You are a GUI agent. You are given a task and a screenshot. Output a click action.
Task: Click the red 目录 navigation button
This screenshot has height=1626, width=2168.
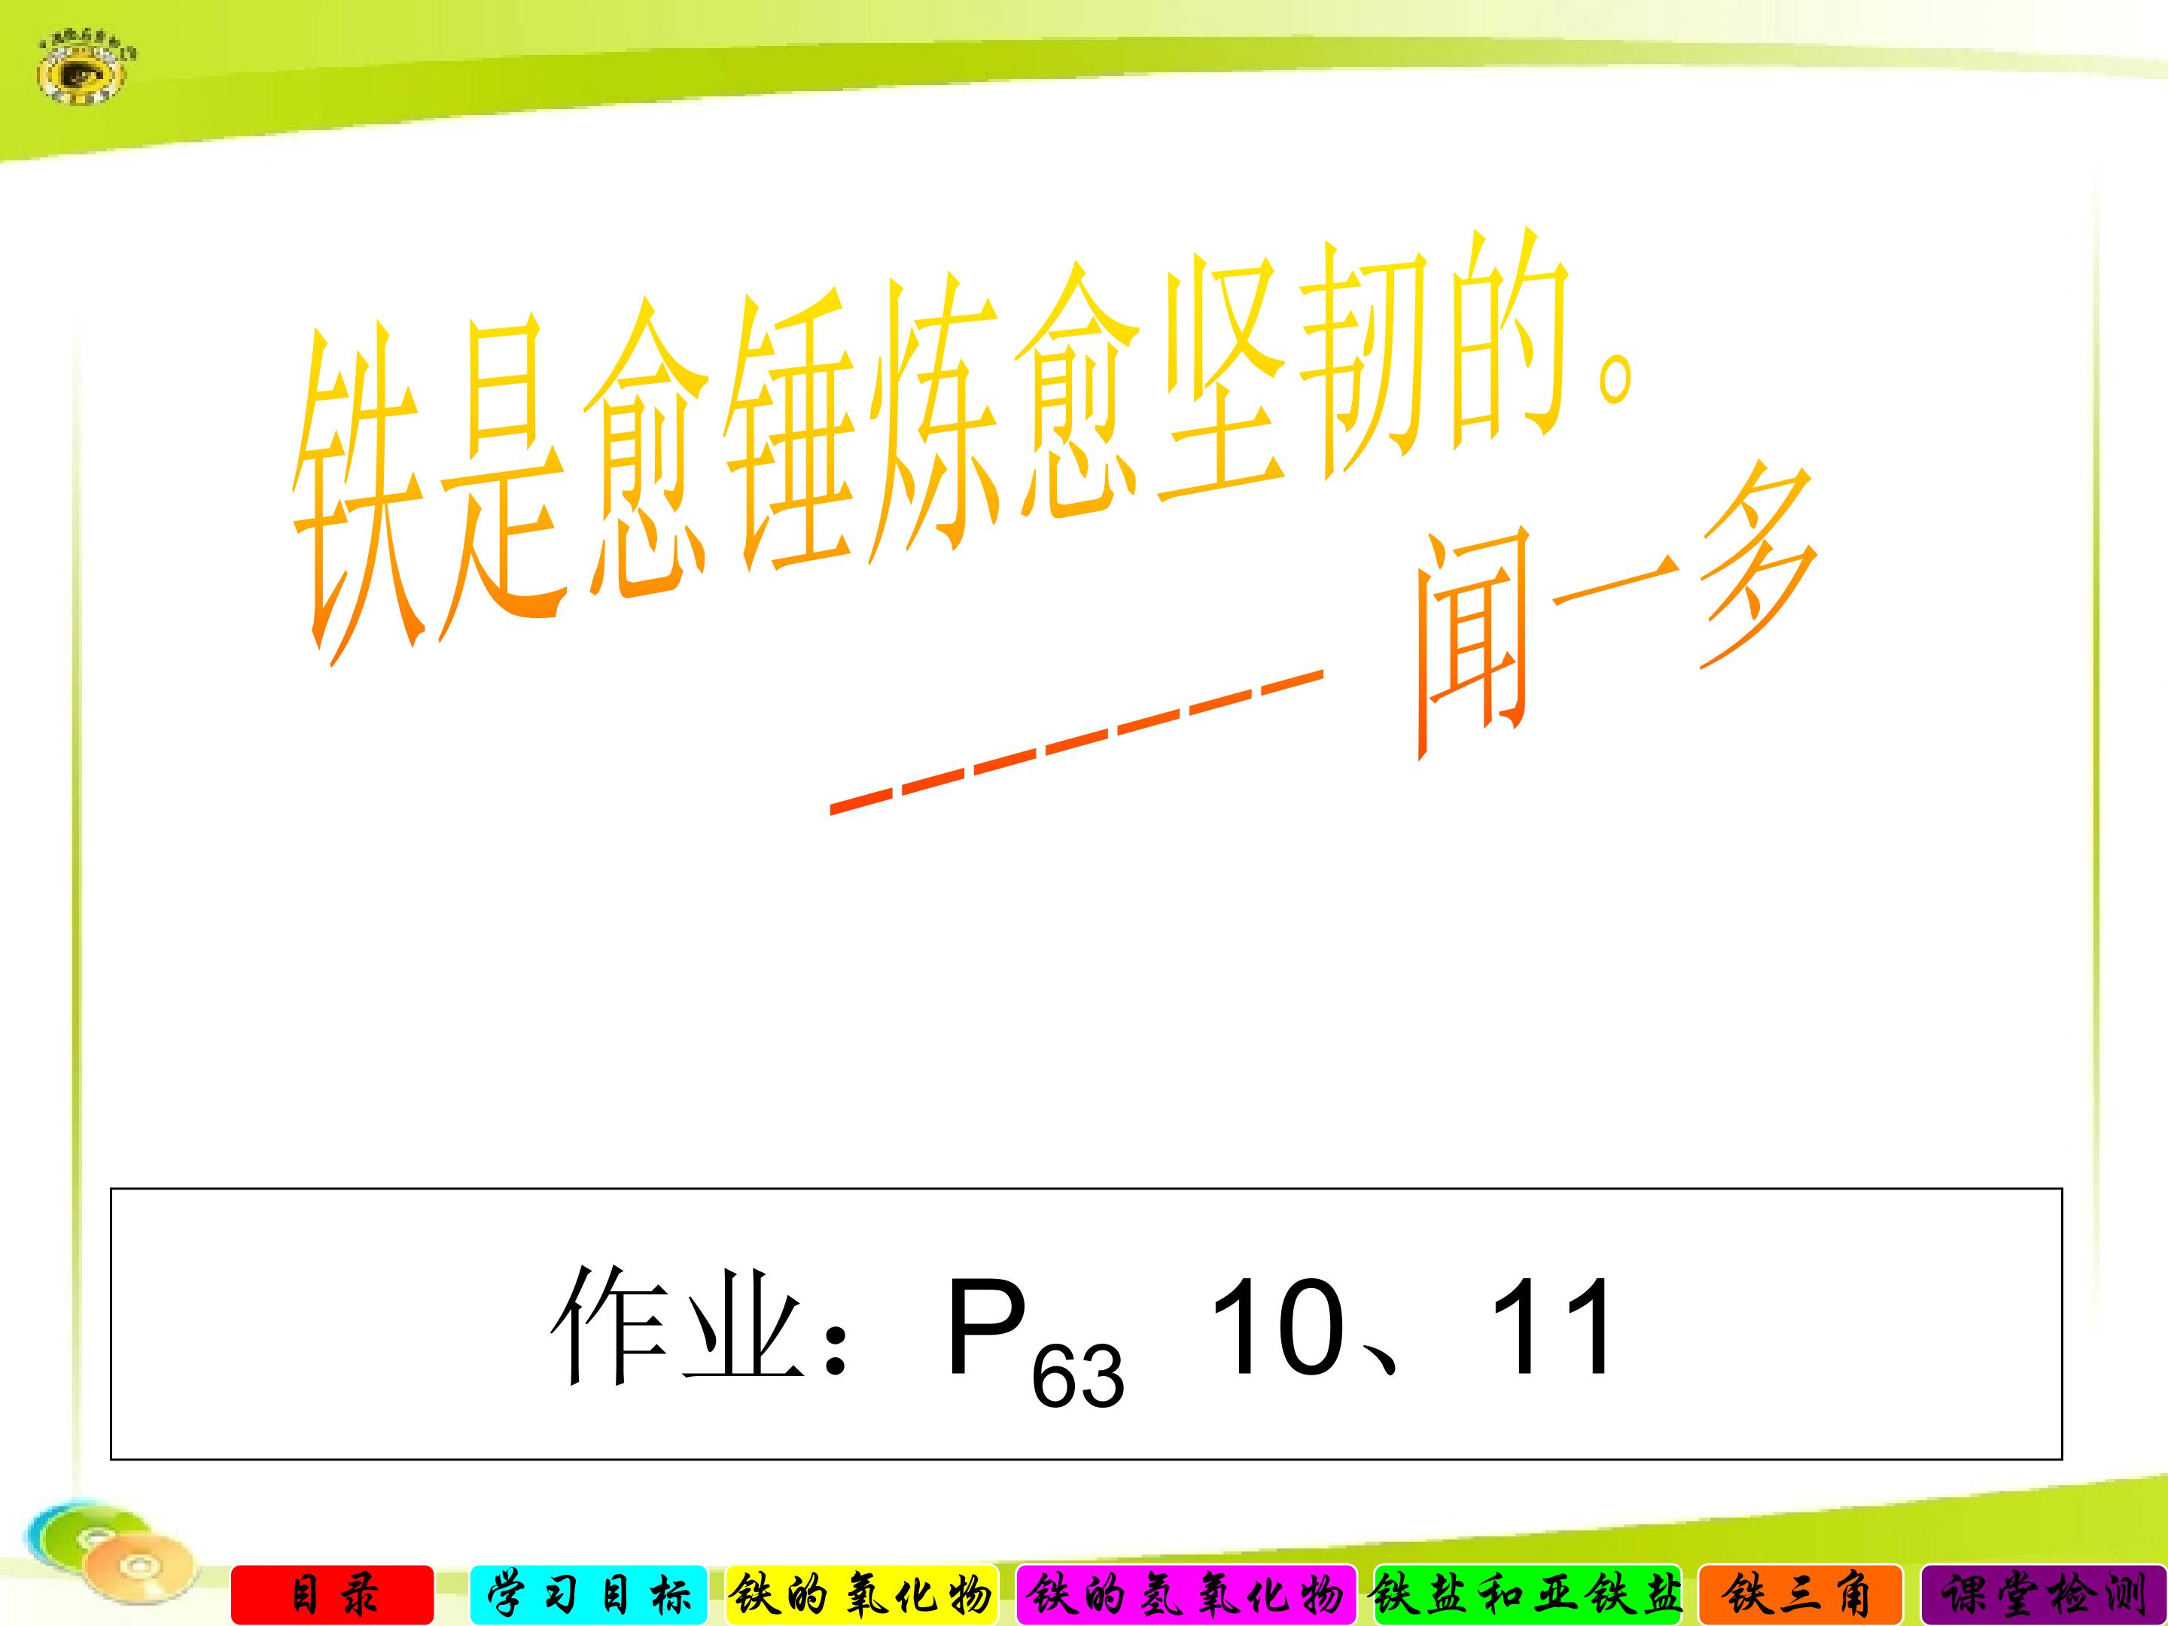[332, 1594]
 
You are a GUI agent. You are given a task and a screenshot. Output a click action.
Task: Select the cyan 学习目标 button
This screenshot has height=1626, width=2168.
[588, 1594]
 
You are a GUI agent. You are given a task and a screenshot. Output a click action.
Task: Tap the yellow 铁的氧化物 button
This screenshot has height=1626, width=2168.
[860, 1594]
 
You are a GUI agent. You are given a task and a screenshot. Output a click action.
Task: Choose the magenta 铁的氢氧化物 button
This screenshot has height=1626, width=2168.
[1186, 1594]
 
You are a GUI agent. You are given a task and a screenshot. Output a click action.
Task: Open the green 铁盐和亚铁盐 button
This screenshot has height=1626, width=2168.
[1527, 1594]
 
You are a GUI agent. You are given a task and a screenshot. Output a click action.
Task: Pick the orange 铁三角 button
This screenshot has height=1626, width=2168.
[1799, 1594]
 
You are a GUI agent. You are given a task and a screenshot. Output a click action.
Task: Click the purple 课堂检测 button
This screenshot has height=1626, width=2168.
[2044, 1594]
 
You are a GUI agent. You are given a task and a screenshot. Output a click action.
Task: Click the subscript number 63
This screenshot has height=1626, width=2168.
[1077, 1377]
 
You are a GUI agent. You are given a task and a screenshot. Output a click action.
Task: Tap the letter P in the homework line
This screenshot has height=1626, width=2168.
[985, 1328]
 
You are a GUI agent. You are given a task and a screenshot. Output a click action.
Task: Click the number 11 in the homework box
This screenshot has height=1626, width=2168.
[1548, 1328]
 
